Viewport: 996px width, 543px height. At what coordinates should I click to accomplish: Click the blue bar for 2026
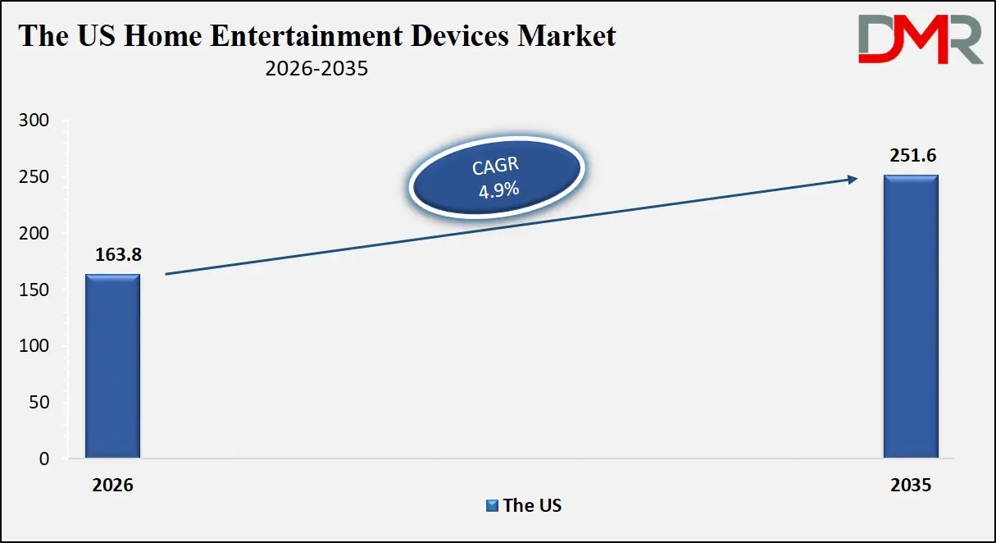point(113,366)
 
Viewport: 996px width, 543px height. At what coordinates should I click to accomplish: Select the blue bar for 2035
point(910,317)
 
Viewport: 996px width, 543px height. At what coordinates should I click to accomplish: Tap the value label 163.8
point(113,255)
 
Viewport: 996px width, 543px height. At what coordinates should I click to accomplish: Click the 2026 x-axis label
point(112,486)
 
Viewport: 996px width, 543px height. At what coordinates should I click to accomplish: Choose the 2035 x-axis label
point(910,486)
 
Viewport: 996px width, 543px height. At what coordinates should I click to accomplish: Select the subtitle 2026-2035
point(316,70)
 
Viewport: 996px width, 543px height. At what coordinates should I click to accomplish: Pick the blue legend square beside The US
point(492,505)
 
